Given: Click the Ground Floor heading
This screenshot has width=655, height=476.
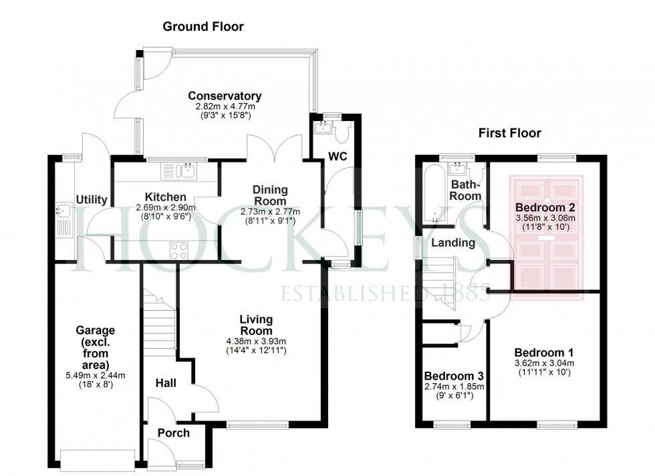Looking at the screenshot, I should click(203, 27).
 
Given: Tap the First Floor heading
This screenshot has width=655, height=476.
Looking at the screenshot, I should click(509, 133).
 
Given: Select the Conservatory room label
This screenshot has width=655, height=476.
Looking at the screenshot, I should click(224, 96).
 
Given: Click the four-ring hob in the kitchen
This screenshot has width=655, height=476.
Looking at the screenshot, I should click(179, 250).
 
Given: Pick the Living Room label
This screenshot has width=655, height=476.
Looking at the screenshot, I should click(257, 325).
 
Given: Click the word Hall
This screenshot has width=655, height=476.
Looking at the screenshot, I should click(166, 383).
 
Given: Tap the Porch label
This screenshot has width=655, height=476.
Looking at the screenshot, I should click(173, 433).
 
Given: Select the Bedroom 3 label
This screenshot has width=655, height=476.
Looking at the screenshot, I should click(454, 376).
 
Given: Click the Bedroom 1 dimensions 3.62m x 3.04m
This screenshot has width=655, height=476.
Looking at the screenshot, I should click(543, 364).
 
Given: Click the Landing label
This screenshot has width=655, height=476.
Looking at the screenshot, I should click(452, 243).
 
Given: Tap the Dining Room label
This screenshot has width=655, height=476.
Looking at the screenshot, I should click(269, 196).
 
